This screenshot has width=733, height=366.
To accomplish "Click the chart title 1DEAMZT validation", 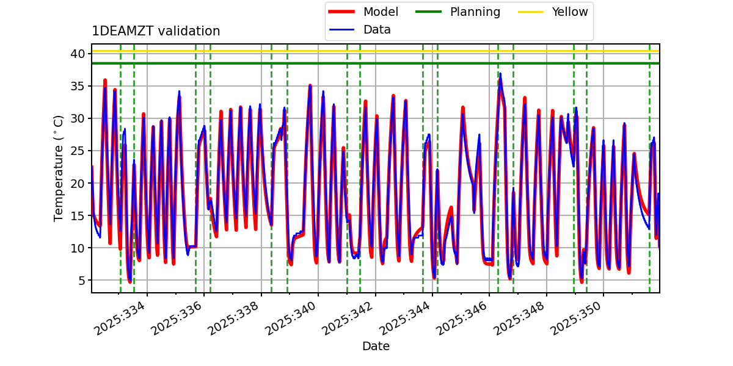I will coord(156,31).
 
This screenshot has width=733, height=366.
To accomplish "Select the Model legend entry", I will coord(381,12).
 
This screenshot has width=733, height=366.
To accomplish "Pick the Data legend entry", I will coord(377,29).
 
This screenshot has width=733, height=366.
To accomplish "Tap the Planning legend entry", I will coord(475,12).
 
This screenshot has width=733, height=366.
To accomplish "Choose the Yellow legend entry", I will coord(569,12).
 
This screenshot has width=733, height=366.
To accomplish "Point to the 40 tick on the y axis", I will coord(77,54).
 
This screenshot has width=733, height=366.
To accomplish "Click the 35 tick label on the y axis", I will coord(77,86).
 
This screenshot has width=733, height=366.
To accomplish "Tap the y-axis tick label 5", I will coord(81,281).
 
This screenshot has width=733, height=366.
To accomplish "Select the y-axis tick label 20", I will coord(77,183).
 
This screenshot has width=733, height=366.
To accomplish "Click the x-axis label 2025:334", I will coord(120,321).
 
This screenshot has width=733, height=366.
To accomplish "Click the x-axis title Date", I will coord(376,346).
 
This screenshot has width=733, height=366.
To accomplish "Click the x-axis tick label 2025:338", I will coord(234,321).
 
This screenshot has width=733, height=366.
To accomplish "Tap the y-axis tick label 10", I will coord(77,248).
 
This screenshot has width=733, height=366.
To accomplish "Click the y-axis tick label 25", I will coord(77,151).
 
